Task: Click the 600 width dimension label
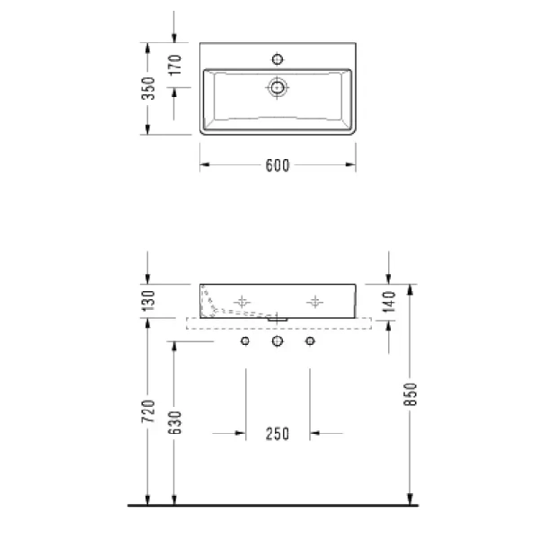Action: pos(277,164)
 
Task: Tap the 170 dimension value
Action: pos(176,64)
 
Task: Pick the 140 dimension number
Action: pos(388,302)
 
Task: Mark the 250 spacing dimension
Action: pos(277,434)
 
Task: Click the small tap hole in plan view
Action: pos(278,59)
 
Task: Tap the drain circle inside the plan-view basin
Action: pos(278,88)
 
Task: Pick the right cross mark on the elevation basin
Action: pos(314,303)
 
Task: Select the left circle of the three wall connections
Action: pos(244,342)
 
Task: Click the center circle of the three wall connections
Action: pos(278,342)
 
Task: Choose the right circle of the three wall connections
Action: pos(311,342)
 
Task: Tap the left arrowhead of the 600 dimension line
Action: pos(203,164)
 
